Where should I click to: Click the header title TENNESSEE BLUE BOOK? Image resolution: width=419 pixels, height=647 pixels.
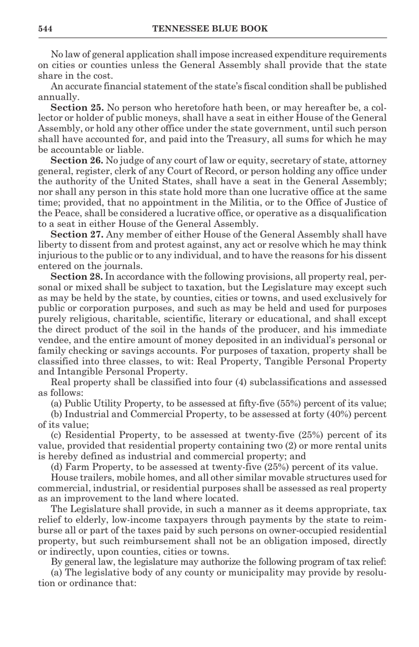(210, 29)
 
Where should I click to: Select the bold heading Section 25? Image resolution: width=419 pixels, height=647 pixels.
(77, 108)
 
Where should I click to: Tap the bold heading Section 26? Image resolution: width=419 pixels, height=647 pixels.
(77, 161)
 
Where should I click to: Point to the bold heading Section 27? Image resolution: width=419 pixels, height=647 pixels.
(77, 235)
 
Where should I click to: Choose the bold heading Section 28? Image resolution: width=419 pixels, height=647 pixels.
(77, 277)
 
